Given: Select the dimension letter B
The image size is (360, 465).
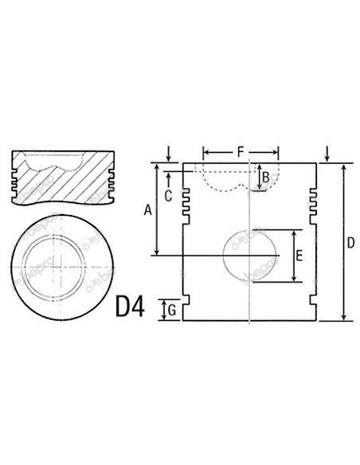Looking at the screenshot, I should [x=266, y=175].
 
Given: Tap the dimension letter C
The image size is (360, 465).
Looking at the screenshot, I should [x=168, y=193].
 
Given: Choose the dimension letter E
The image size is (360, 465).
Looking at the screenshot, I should [x=299, y=256].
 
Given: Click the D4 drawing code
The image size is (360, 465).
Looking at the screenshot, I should [x=131, y=307].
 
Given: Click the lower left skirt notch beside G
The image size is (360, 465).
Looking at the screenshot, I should [x=187, y=303].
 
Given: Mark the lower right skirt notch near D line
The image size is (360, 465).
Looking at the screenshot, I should [x=313, y=303].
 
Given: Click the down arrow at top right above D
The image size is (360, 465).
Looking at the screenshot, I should [x=329, y=152].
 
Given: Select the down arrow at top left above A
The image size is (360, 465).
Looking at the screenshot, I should [x=170, y=152].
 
